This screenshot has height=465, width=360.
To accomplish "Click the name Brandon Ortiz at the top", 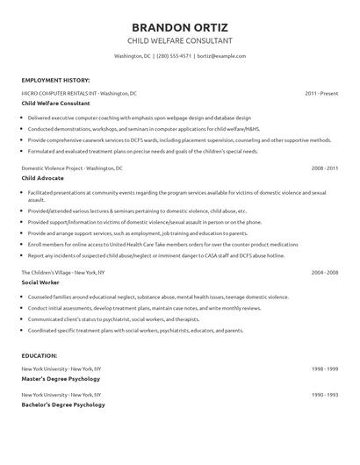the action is pyautogui.click(x=180, y=25).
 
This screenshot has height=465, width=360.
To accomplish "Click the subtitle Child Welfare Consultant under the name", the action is pyautogui.click(x=180, y=40).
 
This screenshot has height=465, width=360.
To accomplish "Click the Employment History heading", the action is pyautogui.click(x=54, y=80).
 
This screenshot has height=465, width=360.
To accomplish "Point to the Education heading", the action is pyautogui.click(x=40, y=355).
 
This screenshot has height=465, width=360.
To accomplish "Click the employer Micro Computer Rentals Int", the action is pyautogui.click(x=79, y=93).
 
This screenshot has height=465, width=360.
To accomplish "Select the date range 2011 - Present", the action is pyautogui.click(x=320, y=93).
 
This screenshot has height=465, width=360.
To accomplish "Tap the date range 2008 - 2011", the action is pyautogui.click(x=324, y=167).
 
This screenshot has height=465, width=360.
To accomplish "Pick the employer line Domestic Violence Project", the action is pyautogui.click(x=72, y=167).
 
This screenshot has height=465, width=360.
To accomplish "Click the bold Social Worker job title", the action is pyautogui.click(x=40, y=283).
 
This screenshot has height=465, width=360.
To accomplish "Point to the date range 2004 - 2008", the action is pyautogui.click(x=324, y=274).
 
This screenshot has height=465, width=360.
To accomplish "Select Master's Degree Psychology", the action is pyautogui.click(x=61, y=379).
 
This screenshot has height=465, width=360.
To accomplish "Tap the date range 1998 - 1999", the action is pyautogui.click(x=324, y=368).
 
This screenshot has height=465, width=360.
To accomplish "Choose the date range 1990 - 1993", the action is pyautogui.click(x=324, y=394).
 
